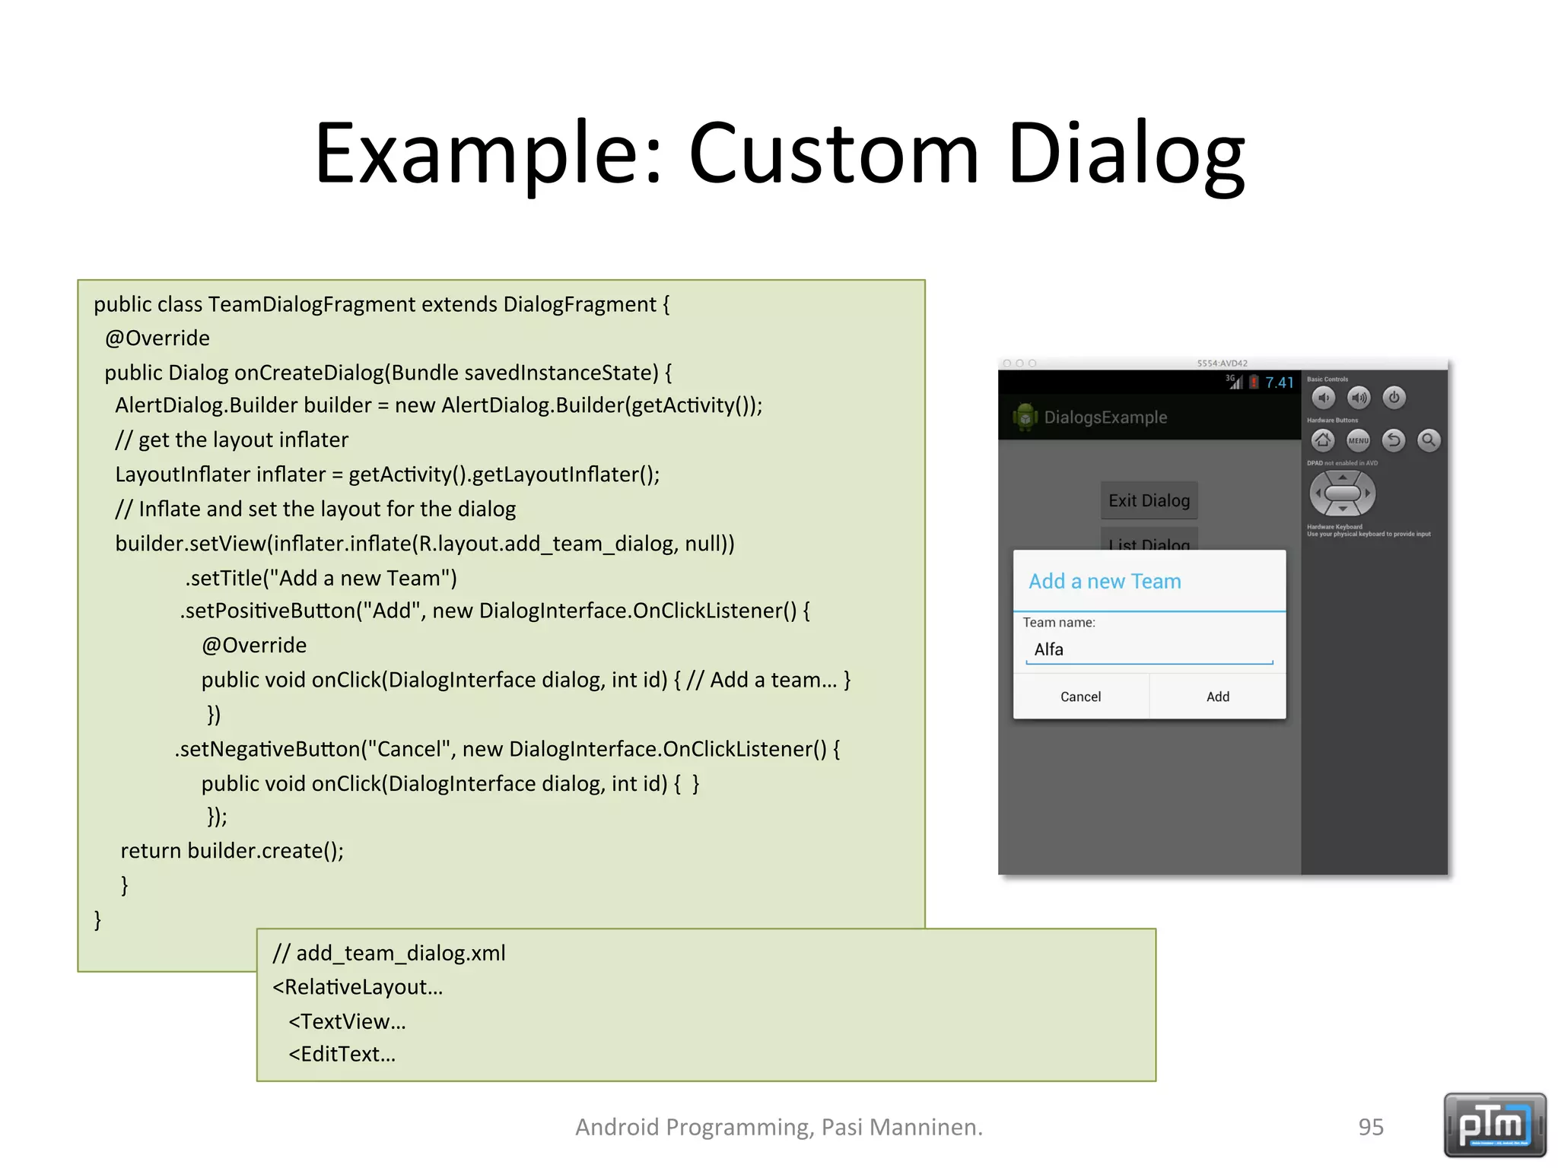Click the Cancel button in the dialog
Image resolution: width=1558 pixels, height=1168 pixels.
tap(1080, 697)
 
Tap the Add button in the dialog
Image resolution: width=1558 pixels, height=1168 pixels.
tap(1217, 697)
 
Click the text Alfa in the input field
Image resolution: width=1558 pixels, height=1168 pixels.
tap(1048, 649)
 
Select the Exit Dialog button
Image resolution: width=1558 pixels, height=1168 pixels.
tap(1149, 500)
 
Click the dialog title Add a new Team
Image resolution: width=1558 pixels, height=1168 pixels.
tap(1105, 582)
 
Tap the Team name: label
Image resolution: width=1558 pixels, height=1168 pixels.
tap(1058, 623)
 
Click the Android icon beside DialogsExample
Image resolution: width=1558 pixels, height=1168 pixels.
tap(1025, 417)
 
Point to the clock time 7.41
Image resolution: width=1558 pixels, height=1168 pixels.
tap(1280, 382)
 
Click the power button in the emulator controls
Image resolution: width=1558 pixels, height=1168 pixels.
tap(1394, 398)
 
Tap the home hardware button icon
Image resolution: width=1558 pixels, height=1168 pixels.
tap(1323, 440)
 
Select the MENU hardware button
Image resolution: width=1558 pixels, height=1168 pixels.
tap(1358, 440)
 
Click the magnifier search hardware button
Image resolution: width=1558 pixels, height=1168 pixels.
tap(1429, 440)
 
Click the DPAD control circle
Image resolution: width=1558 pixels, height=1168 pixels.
tap(1342, 493)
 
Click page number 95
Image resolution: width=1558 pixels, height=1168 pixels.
tap(1371, 1127)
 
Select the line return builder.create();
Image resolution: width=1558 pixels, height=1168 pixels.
tap(232, 851)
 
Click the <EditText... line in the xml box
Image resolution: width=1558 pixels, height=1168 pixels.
tap(342, 1055)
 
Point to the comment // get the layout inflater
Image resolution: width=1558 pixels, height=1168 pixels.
tap(232, 440)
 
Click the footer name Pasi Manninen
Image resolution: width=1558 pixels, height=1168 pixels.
tap(901, 1127)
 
